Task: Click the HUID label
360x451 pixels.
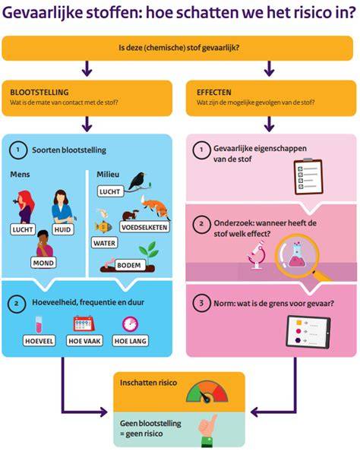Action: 62,229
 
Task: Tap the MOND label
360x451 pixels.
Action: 43,263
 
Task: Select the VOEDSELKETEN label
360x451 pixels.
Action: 144,227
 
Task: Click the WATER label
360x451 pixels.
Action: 104,243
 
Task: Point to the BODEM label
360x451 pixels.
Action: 129,265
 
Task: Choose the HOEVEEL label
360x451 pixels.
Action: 39,341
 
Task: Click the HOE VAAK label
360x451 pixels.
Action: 84,341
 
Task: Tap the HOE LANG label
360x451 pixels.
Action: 131,341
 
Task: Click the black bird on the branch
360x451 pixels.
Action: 139,181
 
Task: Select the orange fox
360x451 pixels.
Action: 156,207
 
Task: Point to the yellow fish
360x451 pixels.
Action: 103,227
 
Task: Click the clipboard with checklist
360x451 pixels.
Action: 308,177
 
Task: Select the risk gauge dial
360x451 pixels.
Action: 207,392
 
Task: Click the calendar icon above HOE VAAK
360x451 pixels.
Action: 84,324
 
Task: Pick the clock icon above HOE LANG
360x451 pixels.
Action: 130,324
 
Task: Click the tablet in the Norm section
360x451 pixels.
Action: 308,332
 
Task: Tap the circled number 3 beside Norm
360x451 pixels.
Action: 201,303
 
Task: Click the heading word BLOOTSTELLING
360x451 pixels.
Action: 39,93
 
